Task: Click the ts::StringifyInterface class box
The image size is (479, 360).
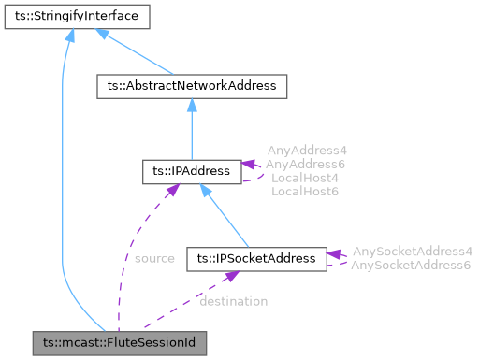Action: coord(71,16)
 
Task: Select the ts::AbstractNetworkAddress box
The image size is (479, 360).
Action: coord(191,86)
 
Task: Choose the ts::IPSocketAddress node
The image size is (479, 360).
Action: coord(256,257)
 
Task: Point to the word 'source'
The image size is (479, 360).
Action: coord(154,258)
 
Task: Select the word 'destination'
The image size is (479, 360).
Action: coord(233,301)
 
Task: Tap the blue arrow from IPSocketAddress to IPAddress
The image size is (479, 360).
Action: coord(225,215)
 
